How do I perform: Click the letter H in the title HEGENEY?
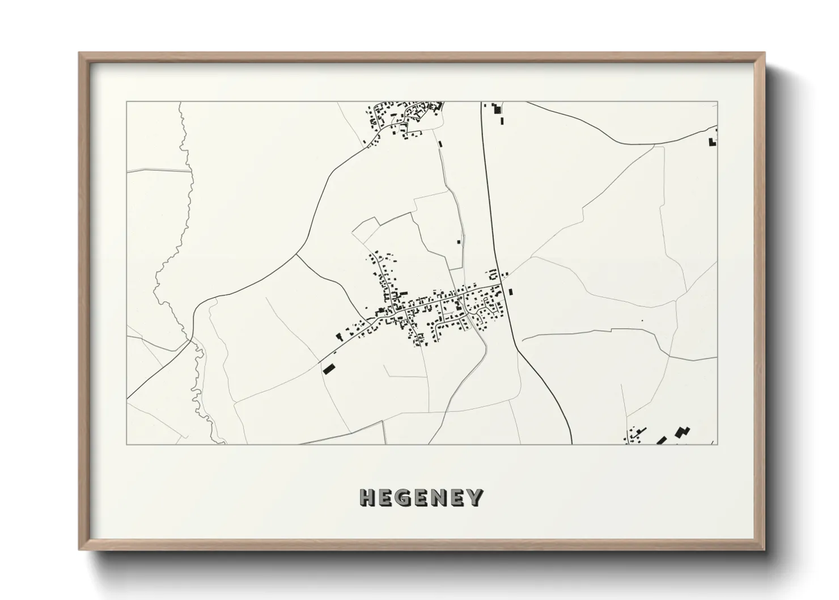pyautogui.click(x=367, y=498)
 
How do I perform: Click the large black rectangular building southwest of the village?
pyautogui.click(x=328, y=369)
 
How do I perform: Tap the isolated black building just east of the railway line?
pyautogui.click(x=511, y=292)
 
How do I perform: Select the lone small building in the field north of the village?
pyautogui.click(x=458, y=242)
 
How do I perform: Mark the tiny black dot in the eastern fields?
pyautogui.click(x=642, y=321)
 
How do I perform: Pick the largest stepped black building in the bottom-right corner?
pyautogui.click(x=682, y=432)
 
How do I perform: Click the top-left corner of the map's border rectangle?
pyautogui.click(x=126, y=102)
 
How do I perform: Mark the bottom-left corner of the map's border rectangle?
pyautogui.click(x=126, y=444)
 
